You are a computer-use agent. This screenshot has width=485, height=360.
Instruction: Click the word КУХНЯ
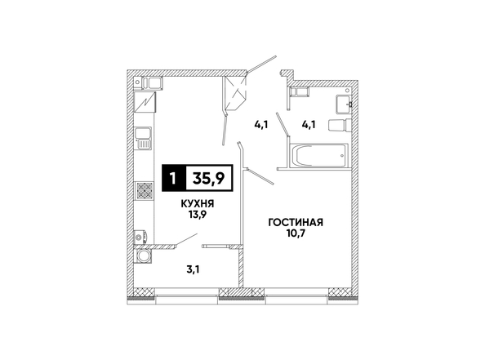tap(198, 204)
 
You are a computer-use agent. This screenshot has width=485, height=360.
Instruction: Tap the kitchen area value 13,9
tap(198, 215)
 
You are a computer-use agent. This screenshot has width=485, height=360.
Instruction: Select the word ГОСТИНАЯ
tap(296, 222)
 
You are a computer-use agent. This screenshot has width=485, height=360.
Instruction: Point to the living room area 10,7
tap(296, 233)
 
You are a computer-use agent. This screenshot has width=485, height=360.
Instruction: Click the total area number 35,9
tap(209, 178)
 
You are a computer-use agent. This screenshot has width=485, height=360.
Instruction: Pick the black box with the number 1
tap(174, 178)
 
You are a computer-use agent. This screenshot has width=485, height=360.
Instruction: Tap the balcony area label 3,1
tap(193, 269)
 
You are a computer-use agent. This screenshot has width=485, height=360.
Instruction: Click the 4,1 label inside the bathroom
tap(309, 125)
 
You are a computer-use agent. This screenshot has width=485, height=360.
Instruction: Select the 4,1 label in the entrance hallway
tap(260, 125)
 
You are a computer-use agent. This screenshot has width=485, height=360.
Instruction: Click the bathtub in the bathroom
tap(318, 155)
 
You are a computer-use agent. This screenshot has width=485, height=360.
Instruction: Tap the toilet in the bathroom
tap(340, 125)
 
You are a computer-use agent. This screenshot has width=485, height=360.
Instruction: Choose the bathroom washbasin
tap(343, 104)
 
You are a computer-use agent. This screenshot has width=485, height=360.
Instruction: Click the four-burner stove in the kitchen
tap(145, 190)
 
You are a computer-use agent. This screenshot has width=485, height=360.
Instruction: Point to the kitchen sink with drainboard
tap(144, 138)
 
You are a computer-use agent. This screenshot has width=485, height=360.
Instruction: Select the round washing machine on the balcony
tap(143, 256)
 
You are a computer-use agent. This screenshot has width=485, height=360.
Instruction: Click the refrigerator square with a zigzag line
tap(145, 102)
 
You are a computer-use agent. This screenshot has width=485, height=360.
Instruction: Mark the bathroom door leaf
tap(283, 124)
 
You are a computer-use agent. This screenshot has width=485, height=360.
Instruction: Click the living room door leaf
tap(260, 176)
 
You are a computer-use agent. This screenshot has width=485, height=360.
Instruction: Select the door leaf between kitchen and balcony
tap(186, 240)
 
